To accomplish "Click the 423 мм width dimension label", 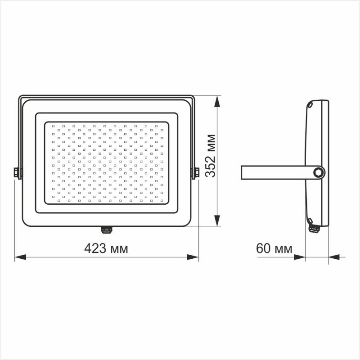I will [x=107, y=248].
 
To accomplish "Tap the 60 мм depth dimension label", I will [x=274, y=248].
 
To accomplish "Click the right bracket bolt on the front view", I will [x=196, y=173].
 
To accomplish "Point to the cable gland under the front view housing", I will [x=106, y=229].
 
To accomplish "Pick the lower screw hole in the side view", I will [x=310, y=220].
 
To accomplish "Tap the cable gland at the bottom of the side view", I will [x=314, y=229].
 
